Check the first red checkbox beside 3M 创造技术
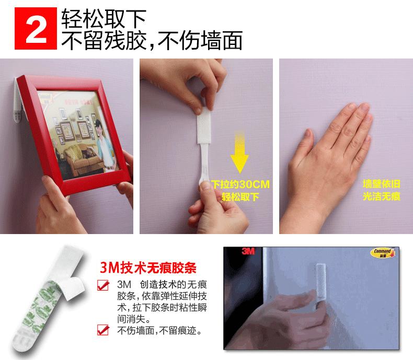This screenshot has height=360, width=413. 104,286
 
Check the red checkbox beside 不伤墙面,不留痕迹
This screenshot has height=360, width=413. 104,330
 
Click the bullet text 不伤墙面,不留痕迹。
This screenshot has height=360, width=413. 159,331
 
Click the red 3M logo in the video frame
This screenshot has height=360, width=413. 248,252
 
